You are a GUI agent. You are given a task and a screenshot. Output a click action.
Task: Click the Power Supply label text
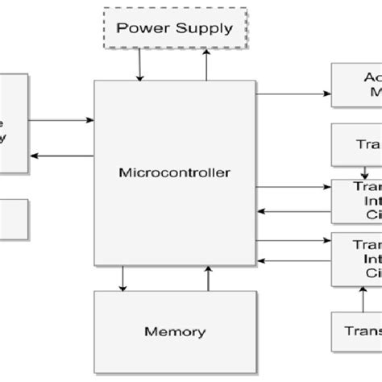(175, 28)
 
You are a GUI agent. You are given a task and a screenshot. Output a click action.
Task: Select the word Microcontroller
(175, 172)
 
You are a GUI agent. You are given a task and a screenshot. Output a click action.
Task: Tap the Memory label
(175, 331)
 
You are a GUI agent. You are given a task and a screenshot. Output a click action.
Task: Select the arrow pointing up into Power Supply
(207, 65)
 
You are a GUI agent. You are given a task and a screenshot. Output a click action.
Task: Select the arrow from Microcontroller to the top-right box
(293, 94)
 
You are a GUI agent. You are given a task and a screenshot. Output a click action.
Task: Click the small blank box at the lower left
(14, 218)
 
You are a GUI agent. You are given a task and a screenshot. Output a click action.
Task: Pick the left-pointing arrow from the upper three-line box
(293, 212)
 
